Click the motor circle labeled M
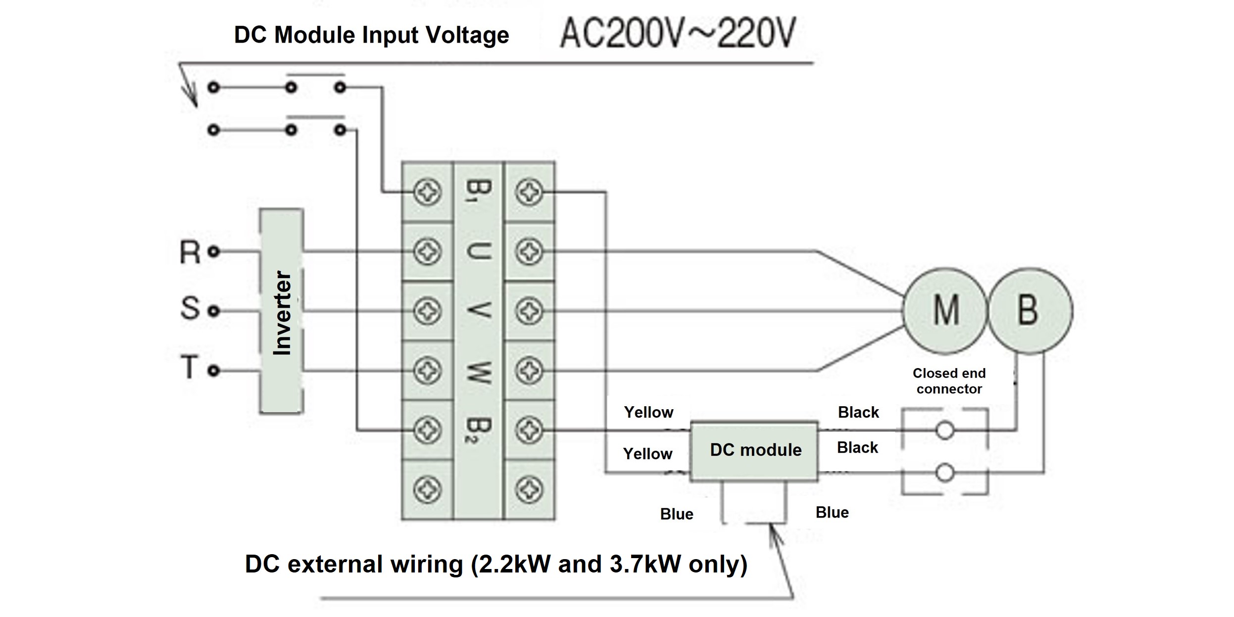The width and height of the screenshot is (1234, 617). pyautogui.click(x=945, y=310)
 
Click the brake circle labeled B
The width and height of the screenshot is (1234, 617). pyautogui.click(x=1030, y=310)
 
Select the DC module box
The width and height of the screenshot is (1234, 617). pyautogui.click(x=754, y=450)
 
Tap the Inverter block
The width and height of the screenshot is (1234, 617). pyautogui.click(x=282, y=311)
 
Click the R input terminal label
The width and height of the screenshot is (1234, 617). pyautogui.click(x=190, y=252)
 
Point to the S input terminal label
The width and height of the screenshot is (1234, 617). pyautogui.click(x=190, y=308)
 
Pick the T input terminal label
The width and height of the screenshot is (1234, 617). pyautogui.click(x=189, y=368)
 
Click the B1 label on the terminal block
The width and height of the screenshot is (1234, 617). pyautogui.click(x=478, y=190)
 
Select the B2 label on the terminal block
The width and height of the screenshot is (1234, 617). pyautogui.click(x=478, y=430)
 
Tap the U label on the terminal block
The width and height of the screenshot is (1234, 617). pyautogui.click(x=478, y=251)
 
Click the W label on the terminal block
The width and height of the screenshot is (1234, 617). pyautogui.click(x=478, y=372)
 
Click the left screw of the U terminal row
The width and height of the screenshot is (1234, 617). pyautogui.click(x=427, y=252)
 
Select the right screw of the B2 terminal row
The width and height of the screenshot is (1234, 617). pyautogui.click(x=529, y=430)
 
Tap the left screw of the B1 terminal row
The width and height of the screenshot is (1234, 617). pyautogui.click(x=427, y=192)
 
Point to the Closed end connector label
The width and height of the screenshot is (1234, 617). pyautogui.click(x=949, y=381)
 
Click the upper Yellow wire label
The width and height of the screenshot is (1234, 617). pyautogui.click(x=648, y=412)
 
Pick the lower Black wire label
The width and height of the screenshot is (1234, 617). pyautogui.click(x=857, y=448)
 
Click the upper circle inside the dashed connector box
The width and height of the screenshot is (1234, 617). pyautogui.click(x=944, y=430)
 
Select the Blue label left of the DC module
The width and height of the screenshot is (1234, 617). pyautogui.click(x=677, y=514)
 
